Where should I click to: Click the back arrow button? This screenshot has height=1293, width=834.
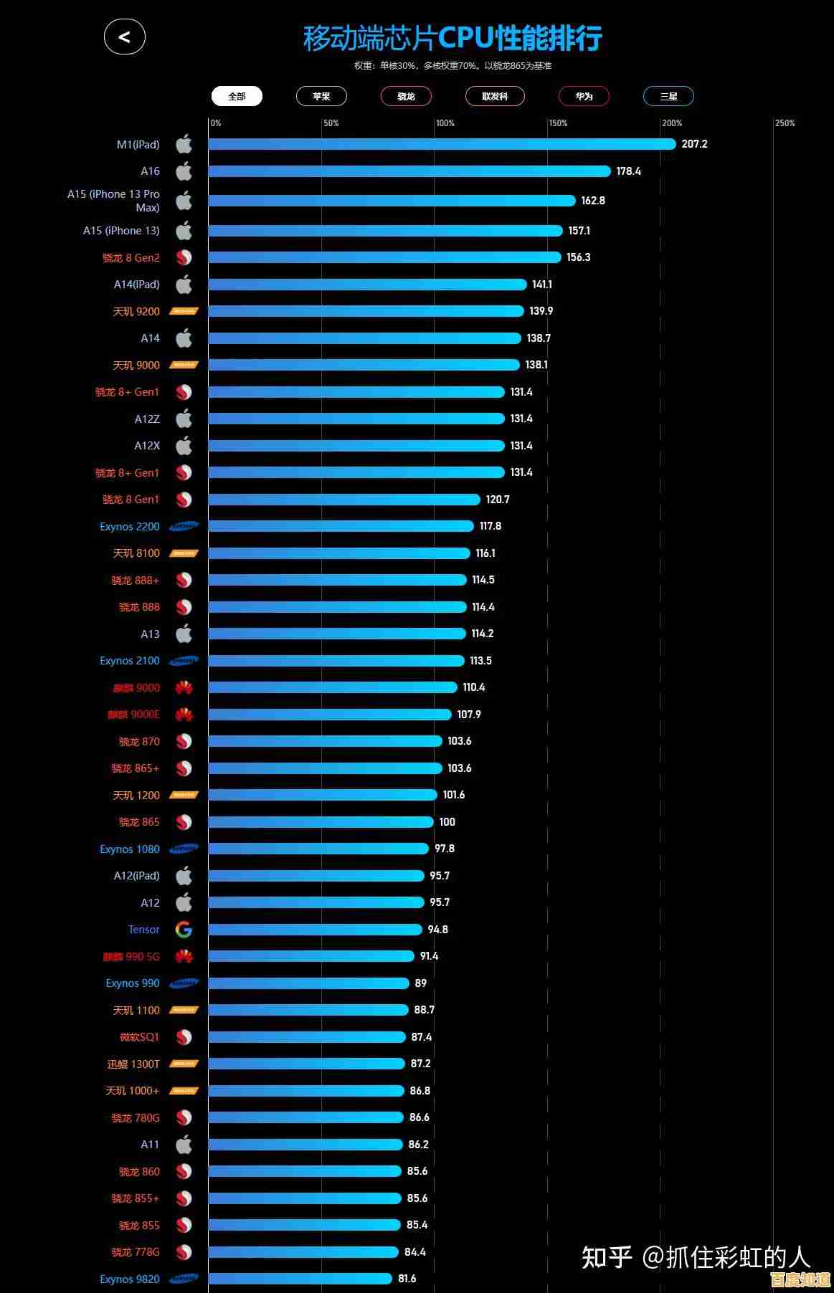[125, 37]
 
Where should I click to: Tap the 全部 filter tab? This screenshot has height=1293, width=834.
[237, 96]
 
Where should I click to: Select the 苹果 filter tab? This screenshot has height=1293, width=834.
[321, 96]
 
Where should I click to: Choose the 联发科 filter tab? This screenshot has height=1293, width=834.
[495, 96]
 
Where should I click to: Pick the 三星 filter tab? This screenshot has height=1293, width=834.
[668, 96]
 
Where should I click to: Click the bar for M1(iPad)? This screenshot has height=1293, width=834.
[442, 144]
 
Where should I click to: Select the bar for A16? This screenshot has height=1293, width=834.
[409, 171]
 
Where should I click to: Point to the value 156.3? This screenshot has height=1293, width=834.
[579, 257]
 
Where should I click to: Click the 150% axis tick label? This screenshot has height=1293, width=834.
[558, 123]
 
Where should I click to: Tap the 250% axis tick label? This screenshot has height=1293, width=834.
[785, 123]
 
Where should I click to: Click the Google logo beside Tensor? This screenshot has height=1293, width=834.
[184, 930]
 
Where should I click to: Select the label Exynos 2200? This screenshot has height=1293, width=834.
[130, 527]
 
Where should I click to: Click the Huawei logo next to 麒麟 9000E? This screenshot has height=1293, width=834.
[184, 715]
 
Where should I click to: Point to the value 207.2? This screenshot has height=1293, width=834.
[694, 144]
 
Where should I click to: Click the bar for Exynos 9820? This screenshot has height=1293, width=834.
[300, 1279]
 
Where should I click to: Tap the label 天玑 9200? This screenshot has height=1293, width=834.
[136, 312]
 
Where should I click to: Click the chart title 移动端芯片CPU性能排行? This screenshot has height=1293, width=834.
[452, 38]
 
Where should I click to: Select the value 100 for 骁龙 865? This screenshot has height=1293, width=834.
[447, 822]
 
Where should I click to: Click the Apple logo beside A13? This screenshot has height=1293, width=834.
[184, 634]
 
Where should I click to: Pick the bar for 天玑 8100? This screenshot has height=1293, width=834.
[339, 553]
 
